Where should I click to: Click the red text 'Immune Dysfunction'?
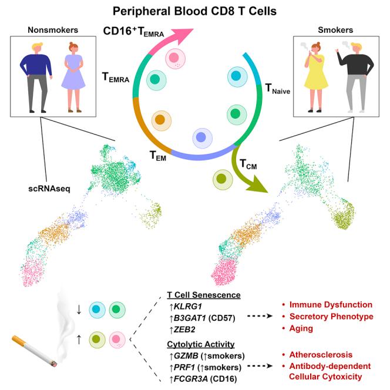point(335,304)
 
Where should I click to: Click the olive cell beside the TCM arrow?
point(222,179)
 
